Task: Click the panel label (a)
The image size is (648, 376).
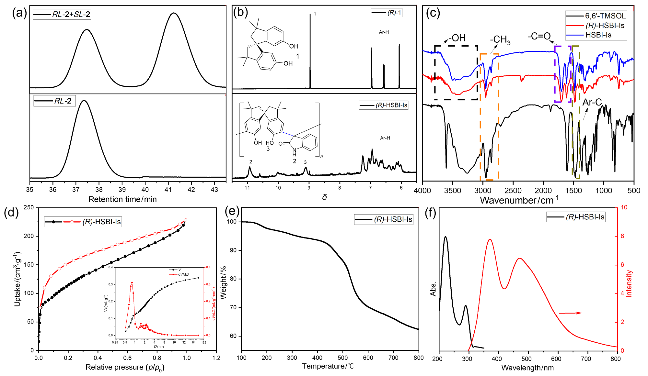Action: point(19,13)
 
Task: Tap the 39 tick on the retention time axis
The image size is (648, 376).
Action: point(122,190)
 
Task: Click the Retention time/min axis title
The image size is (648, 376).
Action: point(122,199)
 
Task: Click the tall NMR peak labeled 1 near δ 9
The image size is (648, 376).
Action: point(310,49)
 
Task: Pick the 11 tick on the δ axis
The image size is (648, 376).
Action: point(248,188)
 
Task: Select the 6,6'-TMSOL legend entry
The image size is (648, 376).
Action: point(596,16)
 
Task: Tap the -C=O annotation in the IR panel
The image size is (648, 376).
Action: point(539,36)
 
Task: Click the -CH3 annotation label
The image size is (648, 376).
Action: point(500,40)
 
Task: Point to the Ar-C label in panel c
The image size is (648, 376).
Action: point(592,103)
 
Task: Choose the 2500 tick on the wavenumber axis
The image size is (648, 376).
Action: point(513,191)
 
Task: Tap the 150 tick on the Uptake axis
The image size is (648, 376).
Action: point(29,265)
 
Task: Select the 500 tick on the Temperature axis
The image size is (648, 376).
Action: point(342,358)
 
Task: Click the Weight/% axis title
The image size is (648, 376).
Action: point(223,283)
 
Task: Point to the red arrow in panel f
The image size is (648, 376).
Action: point(570,313)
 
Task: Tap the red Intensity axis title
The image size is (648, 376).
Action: point(629,284)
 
